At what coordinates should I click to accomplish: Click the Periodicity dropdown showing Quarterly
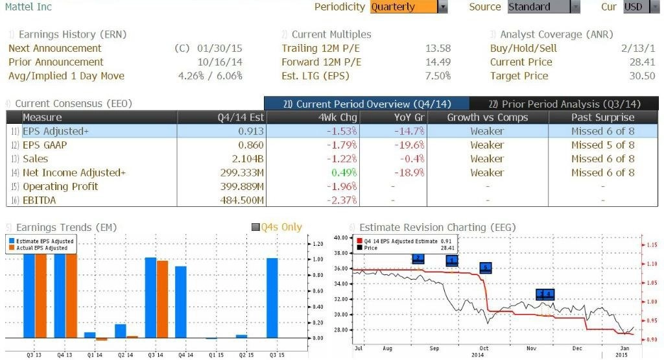click(x=409, y=7)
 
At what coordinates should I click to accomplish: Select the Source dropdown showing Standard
click(x=543, y=7)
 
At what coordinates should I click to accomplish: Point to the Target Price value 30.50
click(x=643, y=76)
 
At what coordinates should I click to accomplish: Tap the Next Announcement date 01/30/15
click(x=224, y=49)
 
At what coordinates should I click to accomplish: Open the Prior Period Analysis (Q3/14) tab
click(x=564, y=104)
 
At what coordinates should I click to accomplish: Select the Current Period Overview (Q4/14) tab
click(x=366, y=104)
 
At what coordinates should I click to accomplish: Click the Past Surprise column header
click(x=603, y=117)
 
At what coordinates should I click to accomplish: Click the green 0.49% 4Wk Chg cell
click(x=344, y=173)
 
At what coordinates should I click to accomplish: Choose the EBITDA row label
click(x=39, y=200)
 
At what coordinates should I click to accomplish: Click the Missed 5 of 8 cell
click(x=603, y=145)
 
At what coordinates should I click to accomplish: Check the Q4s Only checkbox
click(x=255, y=228)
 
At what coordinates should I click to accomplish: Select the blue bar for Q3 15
click(x=272, y=298)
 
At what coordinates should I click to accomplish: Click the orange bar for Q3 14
click(x=162, y=299)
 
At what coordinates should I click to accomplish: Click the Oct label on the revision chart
click(x=484, y=348)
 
